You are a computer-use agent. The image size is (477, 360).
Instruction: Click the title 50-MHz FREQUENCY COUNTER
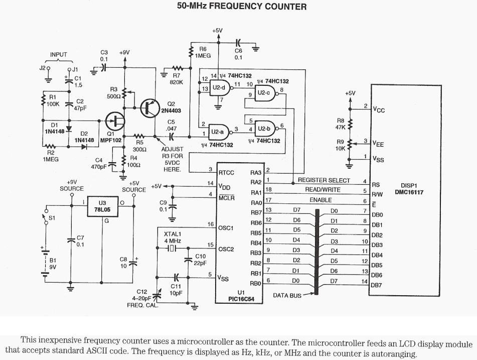(242, 7)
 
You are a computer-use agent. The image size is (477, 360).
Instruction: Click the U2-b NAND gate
(264, 129)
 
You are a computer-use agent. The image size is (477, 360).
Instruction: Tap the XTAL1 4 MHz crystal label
(173, 237)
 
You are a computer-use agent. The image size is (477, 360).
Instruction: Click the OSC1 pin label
(226, 227)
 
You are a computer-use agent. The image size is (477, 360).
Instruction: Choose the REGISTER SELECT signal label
(324, 180)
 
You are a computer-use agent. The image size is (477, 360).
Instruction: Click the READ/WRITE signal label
(323, 190)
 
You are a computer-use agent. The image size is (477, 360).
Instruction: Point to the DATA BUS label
(287, 295)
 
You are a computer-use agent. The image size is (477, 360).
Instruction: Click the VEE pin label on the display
(378, 143)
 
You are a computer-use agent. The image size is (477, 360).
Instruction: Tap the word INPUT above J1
(58, 55)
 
